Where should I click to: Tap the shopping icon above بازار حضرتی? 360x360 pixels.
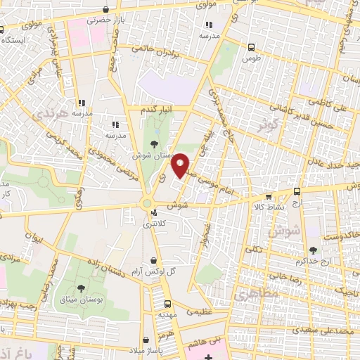pyautogui.click(x=105, y=10)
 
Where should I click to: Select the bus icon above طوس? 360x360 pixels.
pyautogui.click(x=251, y=47)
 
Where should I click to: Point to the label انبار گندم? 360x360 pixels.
pyautogui.click(x=157, y=110)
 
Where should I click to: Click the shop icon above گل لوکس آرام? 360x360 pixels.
pyautogui.click(x=153, y=260)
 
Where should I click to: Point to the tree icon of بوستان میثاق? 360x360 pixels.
pyautogui.click(x=82, y=288)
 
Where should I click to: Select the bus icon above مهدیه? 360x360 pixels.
pyautogui.click(x=167, y=304)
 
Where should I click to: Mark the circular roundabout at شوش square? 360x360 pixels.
pyautogui.click(x=148, y=202)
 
